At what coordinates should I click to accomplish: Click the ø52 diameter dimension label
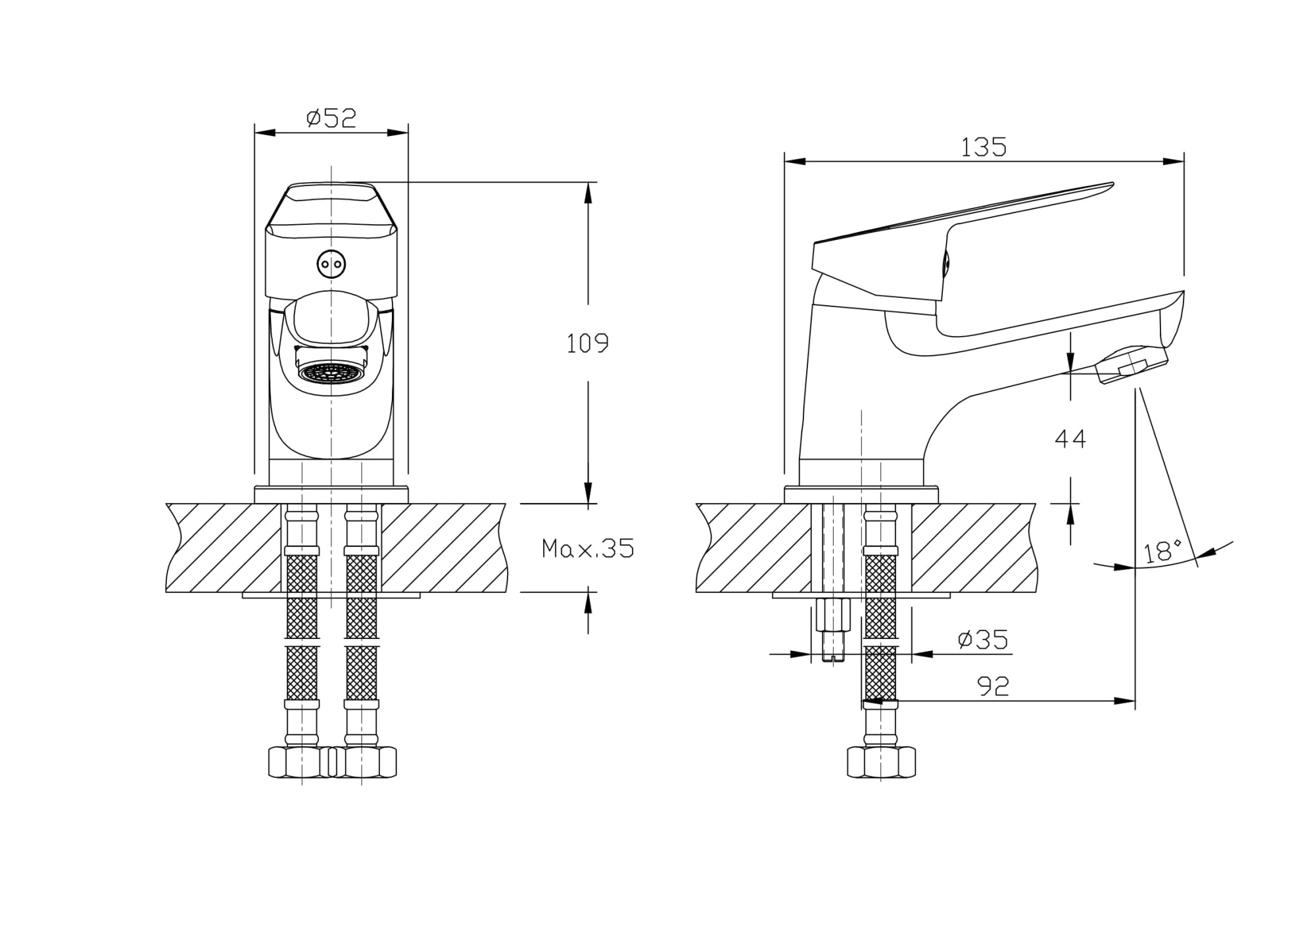pos(331,118)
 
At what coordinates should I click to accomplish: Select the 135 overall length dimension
pos(984,148)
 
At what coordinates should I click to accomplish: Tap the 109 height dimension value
pos(588,343)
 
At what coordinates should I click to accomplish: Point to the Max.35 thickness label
pos(588,548)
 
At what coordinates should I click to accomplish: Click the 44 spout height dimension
pos(1070,439)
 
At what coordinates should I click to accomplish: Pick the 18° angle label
pos(1162,552)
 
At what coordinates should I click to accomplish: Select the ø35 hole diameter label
pos(983,639)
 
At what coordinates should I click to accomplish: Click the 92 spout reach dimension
pos(993,686)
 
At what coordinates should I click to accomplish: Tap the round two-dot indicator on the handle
pos(331,264)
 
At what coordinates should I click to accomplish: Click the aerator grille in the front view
pos(331,372)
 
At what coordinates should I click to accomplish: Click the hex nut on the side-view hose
pos(881,762)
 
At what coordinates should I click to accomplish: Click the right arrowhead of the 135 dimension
pos(1174,162)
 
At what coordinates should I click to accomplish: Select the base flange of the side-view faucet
pos(861,494)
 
